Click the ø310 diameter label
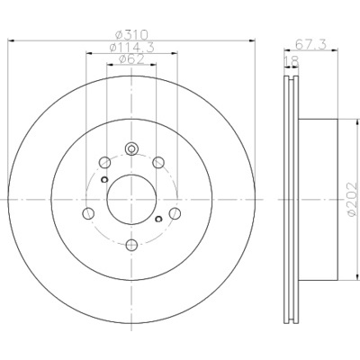[x=131, y=35]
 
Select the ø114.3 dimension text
[x=131, y=48]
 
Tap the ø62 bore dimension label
[x=131, y=59]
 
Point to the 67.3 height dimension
[x=310, y=44]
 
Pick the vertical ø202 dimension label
[x=352, y=200]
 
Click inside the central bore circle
[x=131, y=199]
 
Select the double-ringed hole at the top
[x=131, y=148]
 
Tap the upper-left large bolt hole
[x=104, y=162]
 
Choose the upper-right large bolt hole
[x=158, y=162]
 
